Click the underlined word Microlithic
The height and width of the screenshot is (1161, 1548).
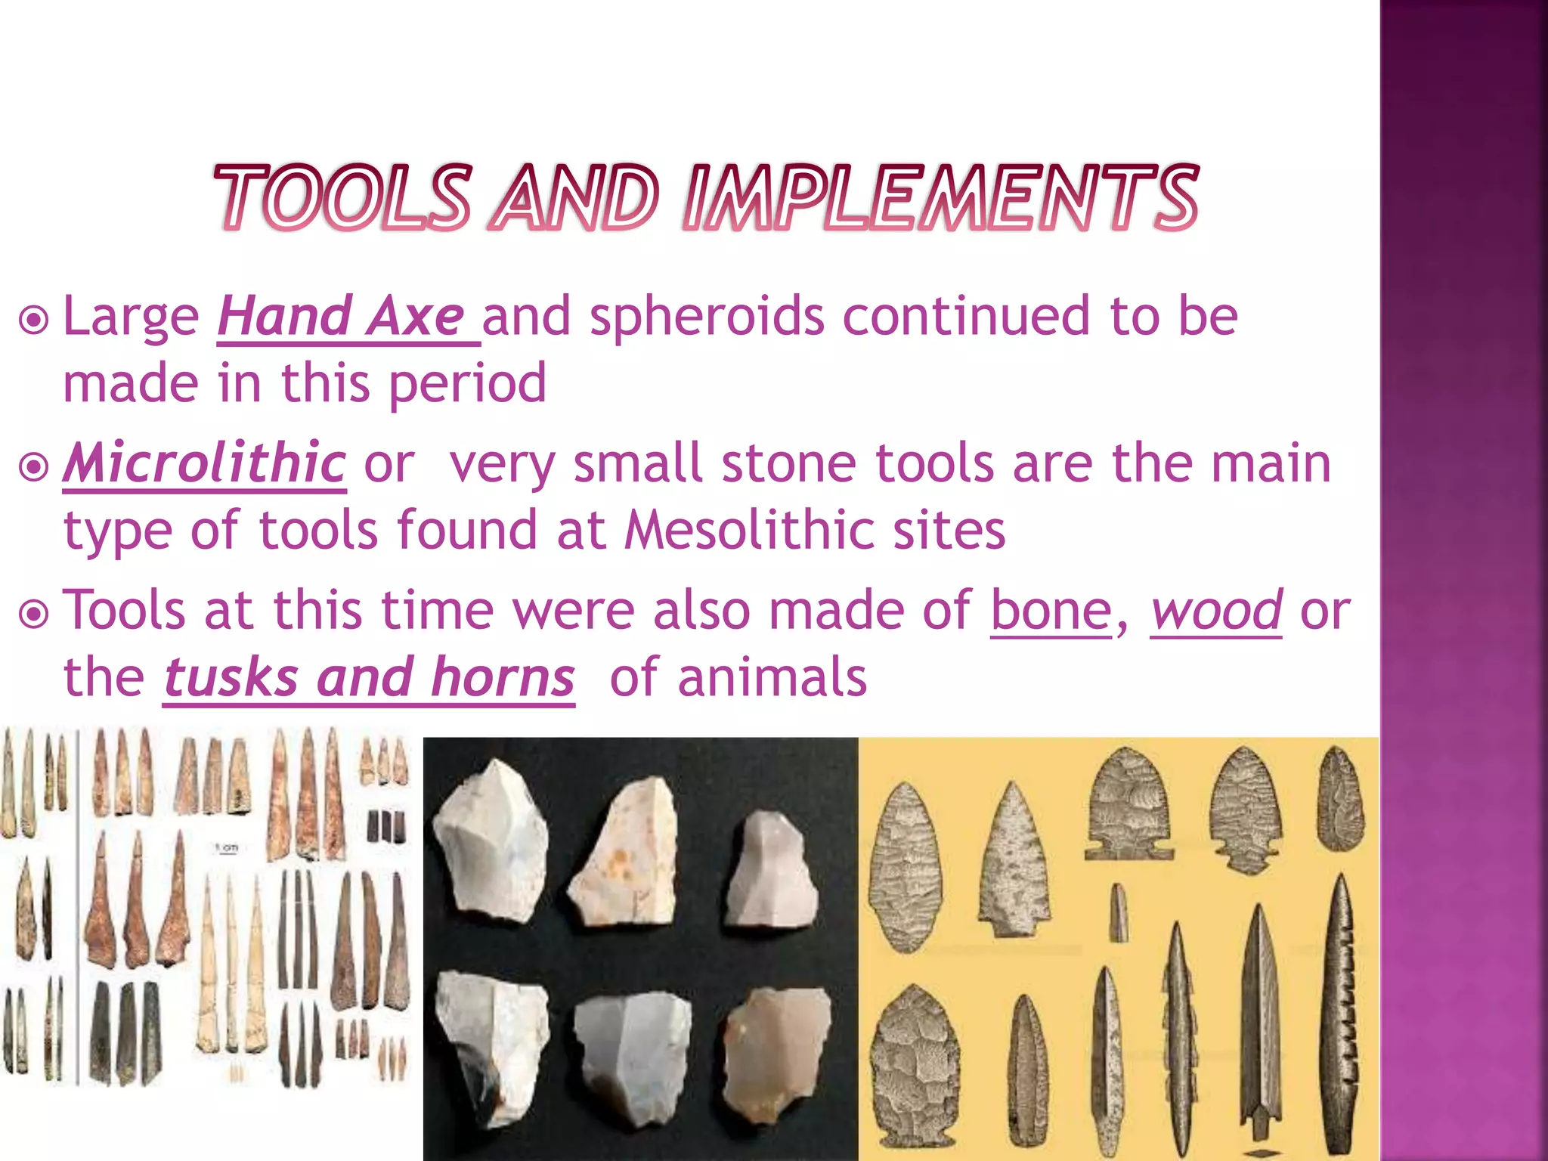pyautogui.click(x=204, y=463)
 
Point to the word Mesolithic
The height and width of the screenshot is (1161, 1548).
pyautogui.click(x=749, y=530)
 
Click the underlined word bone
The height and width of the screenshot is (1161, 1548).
pyautogui.click(x=1051, y=611)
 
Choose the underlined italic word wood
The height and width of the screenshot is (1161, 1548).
pyautogui.click(x=1215, y=611)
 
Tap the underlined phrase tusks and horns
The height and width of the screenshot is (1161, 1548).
pyautogui.click(x=369, y=677)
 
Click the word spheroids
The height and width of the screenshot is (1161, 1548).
pyautogui.click(x=707, y=317)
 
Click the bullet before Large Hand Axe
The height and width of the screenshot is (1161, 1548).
pyautogui.click(x=34, y=320)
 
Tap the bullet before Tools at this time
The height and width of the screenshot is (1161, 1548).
pyautogui.click(x=34, y=615)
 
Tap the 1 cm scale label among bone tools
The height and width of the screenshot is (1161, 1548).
pyautogui.click(x=228, y=848)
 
